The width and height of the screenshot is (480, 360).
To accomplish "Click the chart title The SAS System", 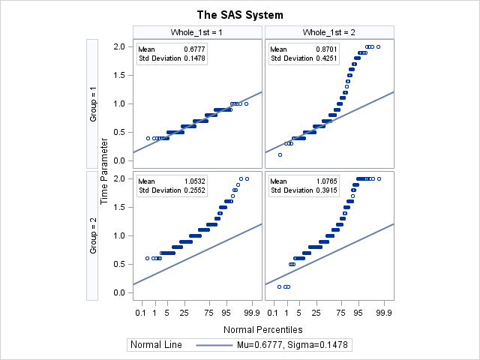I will pos(240,14).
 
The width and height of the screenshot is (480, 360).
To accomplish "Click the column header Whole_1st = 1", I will pos(197,32).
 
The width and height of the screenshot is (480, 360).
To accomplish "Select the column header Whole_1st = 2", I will pos(329,32).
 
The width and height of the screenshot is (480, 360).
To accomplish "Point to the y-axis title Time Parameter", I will pos(105,169).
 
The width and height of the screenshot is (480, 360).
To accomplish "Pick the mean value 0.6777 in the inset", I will pos(194,49).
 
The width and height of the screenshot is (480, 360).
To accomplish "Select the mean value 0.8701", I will pos(326,49).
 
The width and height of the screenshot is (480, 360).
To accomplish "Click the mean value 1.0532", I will pos(194,181).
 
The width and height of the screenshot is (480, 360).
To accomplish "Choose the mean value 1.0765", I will pos(326,181).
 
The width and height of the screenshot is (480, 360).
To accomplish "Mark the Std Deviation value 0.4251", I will pos(326,58).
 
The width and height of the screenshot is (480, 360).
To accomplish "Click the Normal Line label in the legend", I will pos(156,344).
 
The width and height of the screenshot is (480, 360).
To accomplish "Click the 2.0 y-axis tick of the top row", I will pos(118,46).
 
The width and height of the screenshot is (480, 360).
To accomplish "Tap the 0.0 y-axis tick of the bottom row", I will pos(118,292).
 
